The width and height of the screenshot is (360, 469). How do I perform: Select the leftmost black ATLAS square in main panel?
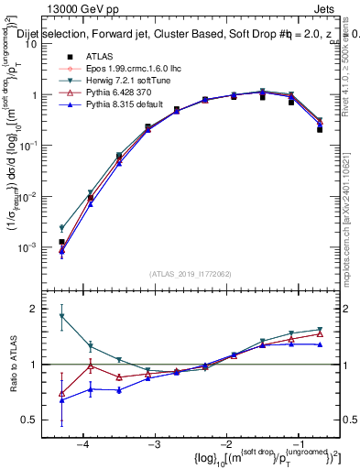pyautogui.click(x=61, y=242)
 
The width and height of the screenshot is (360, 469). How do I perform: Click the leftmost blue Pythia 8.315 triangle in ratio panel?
pyautogui.click(x=61, y=400)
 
